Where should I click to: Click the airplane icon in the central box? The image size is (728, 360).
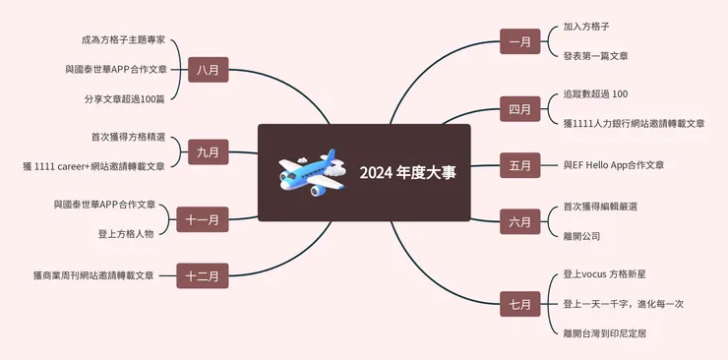[x=312, y=170]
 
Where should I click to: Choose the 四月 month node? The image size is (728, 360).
[x=520, y=108]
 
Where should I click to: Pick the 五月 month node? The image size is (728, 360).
[x=520, y=165]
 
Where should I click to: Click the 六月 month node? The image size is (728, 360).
[x=520, y=220]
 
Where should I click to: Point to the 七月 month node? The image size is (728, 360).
[x=520, y=304]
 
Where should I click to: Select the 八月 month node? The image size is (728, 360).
[x=208, y=70]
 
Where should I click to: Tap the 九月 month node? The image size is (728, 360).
[x=208, y=151]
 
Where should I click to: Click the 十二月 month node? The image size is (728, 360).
[x=203, y=275]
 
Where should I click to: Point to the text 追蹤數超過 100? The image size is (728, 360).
[x=595, y=94]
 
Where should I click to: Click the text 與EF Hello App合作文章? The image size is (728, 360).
[x=613, y=165]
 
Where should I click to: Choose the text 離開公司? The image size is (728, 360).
[x=581, y=236]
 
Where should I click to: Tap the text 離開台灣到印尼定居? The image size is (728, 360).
[x=604, y=332]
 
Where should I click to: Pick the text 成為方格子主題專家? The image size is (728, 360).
[x=124, y=41]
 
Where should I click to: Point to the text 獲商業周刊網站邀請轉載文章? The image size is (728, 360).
[x=93, y=275]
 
